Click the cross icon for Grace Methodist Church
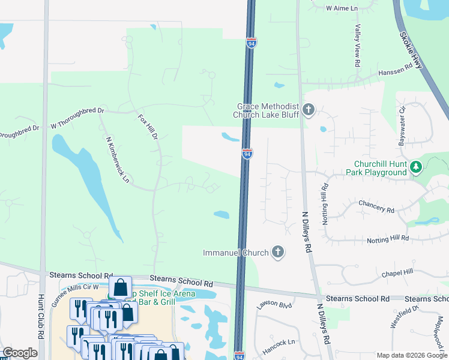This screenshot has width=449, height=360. point(309,110)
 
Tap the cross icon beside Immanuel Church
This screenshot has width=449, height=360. point(277,253)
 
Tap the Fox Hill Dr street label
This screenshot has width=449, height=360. point(148,127)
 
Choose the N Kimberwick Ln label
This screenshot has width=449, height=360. point(117,160)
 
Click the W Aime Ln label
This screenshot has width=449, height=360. point(341,8)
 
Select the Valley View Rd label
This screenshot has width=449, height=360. point(357,45)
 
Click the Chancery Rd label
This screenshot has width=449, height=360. point(376,206)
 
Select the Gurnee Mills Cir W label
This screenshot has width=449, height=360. point(74,295)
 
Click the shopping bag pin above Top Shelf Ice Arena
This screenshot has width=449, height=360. point(120,287)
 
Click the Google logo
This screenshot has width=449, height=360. point(20,353)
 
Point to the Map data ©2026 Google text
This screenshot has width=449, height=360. point(411,355)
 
